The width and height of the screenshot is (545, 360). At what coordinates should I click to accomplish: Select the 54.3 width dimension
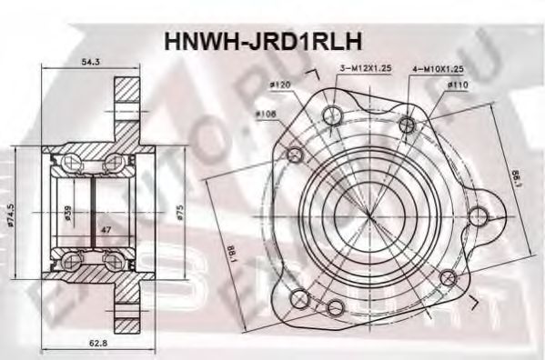click(x=90, y=63)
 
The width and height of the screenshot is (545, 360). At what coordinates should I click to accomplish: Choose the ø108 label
click(x=266, y=114)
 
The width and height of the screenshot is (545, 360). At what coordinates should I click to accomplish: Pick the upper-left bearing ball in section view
click(x=66, y=164)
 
